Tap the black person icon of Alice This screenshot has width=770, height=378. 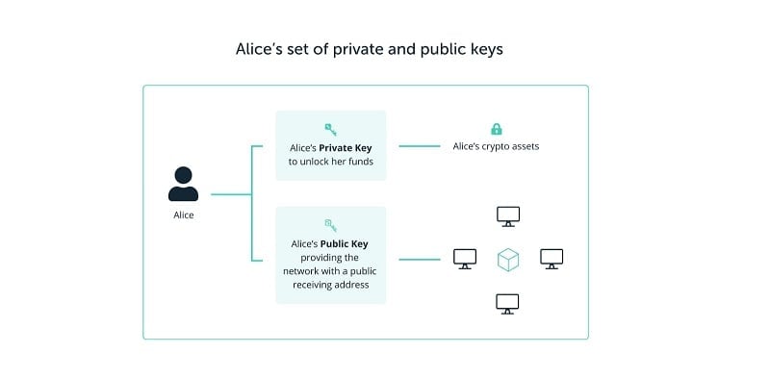coord(183,184)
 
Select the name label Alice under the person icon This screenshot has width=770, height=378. coord(183,214)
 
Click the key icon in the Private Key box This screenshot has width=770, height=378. coord(330,129)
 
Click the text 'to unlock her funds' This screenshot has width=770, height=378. coord(330,162)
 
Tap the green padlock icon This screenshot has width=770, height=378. coord(497,129)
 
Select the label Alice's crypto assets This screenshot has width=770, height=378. coord(497,147)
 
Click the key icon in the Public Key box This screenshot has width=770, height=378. coord(330,224)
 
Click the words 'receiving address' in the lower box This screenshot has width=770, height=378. coord(330,285)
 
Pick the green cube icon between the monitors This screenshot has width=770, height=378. coord(508,259)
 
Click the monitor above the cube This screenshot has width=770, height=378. coord(508,215)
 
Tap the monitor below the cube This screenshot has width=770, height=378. coord(508,304)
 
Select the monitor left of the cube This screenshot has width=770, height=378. coord(465,259)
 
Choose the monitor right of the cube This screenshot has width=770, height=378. coord(552,259)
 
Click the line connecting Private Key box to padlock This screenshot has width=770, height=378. coord(420,146)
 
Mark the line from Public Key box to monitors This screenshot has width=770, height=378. coord(420,259)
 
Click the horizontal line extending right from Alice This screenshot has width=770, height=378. coord(229,194)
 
